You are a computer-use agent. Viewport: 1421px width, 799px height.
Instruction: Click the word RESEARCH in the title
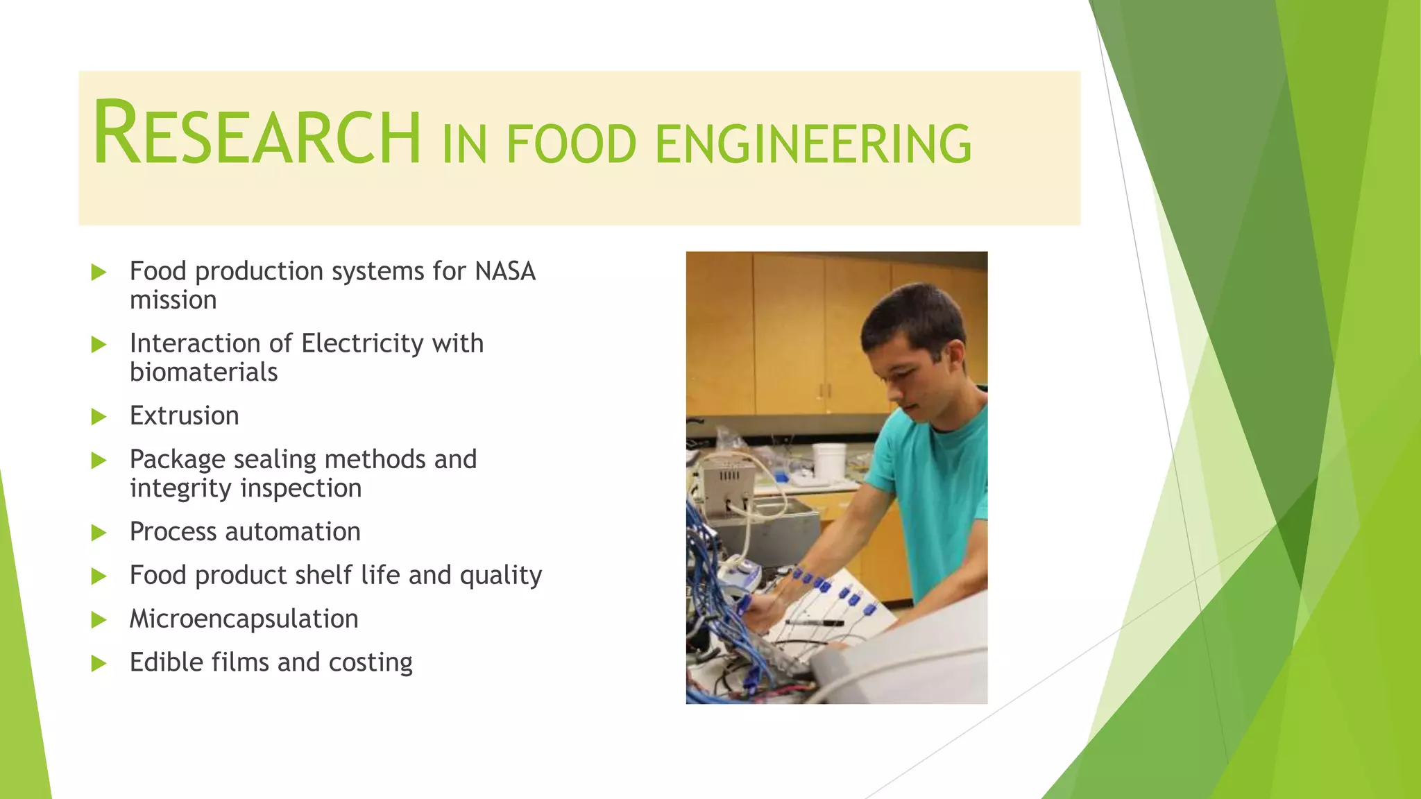pos(257,133)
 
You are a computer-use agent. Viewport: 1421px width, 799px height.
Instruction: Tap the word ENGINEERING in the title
pos(812,144)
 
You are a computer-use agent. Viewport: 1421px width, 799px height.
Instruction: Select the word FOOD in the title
pos(571,144)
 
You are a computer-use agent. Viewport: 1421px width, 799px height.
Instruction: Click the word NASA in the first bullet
pos(505,271)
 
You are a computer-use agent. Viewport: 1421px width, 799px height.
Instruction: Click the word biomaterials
pos(203,372)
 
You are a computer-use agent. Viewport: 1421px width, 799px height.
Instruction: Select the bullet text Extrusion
pos(184,415)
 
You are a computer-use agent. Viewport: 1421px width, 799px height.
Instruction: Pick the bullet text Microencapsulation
pos(244,619)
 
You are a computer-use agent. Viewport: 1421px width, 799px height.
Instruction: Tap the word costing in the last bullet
pos(370,662)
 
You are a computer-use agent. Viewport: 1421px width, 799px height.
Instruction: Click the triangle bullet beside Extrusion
pos(99,417)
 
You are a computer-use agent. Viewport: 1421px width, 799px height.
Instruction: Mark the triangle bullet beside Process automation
pos(99,533)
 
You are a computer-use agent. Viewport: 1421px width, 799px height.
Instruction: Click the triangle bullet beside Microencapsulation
pos(99,619)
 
